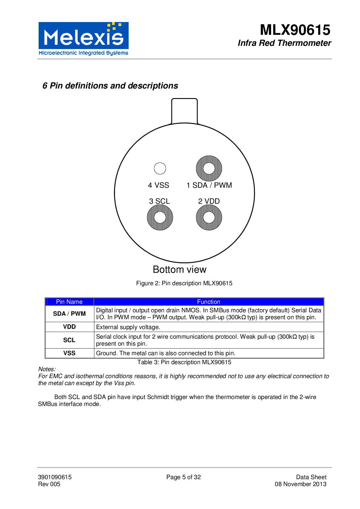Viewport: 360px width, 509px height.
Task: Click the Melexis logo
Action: point(83,39)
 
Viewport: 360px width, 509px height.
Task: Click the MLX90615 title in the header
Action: point(295,30)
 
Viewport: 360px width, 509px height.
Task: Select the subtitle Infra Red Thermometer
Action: point(284,43)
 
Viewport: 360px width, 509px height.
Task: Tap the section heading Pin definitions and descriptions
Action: point(110,86)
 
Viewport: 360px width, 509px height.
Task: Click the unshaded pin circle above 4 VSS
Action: point(160,168)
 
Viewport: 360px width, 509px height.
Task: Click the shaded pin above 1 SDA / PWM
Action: point(209,168)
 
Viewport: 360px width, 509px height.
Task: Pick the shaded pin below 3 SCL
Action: point(160,217)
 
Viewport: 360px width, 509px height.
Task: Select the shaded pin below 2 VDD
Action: point(209,217)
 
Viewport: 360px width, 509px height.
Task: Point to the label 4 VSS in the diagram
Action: point(159,185)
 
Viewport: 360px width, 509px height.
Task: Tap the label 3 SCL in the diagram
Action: point(159,201)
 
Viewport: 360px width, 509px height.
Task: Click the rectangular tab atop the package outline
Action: point(184,111)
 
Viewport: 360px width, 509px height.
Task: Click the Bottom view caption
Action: point(179,270)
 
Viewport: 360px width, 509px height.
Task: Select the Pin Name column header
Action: point(69,302)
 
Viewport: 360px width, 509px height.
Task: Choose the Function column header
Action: point(208,302)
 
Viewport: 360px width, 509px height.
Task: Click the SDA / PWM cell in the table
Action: point(69,314)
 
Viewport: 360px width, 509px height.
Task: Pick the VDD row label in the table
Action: point(69,327)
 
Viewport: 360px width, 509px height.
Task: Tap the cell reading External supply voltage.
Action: point(128,327)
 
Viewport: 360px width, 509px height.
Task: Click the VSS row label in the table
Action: point(69,353)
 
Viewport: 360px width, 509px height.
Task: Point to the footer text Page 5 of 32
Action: point(183,477)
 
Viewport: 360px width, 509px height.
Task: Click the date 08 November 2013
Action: point(300,484)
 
